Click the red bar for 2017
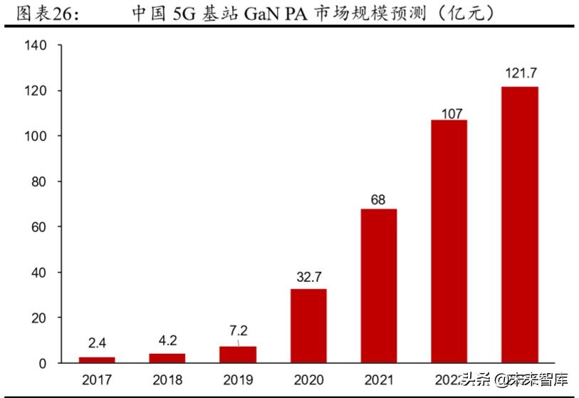(97, 360)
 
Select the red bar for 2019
(238, 355)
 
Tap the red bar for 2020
(308, 326)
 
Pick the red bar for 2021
(379, 286)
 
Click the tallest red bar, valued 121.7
(520, 225)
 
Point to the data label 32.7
(308, 277)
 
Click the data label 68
(378, 199)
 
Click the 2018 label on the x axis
(167, 379)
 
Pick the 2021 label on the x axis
(379, 379)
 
